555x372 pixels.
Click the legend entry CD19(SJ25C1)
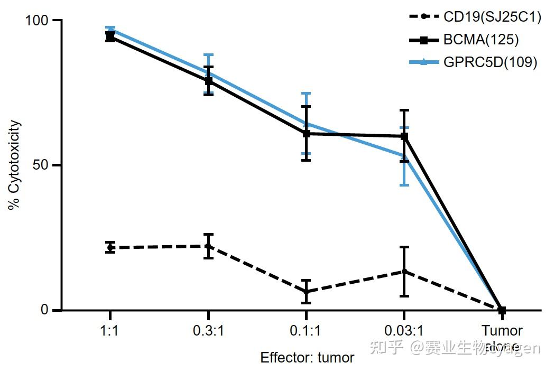tap(492, 17)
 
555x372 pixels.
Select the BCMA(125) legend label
tap(480, 40)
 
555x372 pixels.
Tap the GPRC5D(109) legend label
tap(490, 62)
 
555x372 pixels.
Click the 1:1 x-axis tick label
tap(110, 331)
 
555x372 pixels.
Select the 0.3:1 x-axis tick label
tap(208, 331)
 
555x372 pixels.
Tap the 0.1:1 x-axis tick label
tap(306, 331)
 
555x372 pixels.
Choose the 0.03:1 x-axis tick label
tap(404, 331)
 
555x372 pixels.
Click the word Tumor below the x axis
tap(502, 331)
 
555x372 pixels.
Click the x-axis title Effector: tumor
tap(307, 358)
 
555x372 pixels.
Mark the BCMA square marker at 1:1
tap(110, 36)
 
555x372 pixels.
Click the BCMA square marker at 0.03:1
tap(404, 136)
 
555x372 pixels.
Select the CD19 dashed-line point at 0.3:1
tap(208, 246)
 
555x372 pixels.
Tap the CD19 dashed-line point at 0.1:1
tap(306, 292)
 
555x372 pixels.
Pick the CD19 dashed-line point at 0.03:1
tap(404, 272)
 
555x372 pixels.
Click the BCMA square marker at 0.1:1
tap(306, 134)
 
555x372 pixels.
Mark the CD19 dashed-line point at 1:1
tap(110, 247)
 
